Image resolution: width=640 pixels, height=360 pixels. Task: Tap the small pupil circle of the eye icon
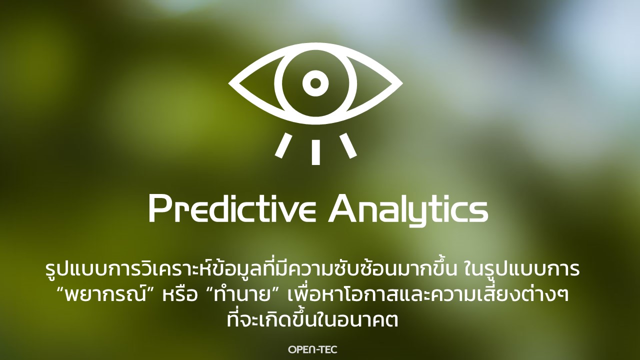pos(315,83)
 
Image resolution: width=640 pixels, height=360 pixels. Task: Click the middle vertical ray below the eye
pos(315,152)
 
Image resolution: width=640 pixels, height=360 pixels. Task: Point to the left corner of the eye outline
pos(229,83)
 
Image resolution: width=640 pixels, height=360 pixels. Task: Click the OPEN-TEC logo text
pos(312,349)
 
